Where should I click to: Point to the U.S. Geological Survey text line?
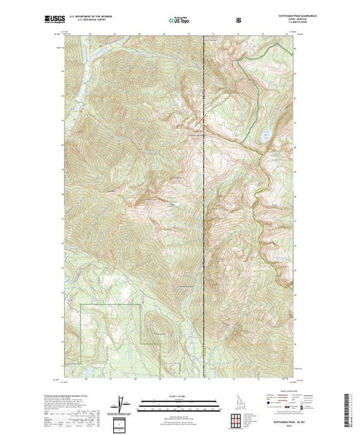97,21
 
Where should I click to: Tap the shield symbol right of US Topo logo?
238,19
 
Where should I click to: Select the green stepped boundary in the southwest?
111,304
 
